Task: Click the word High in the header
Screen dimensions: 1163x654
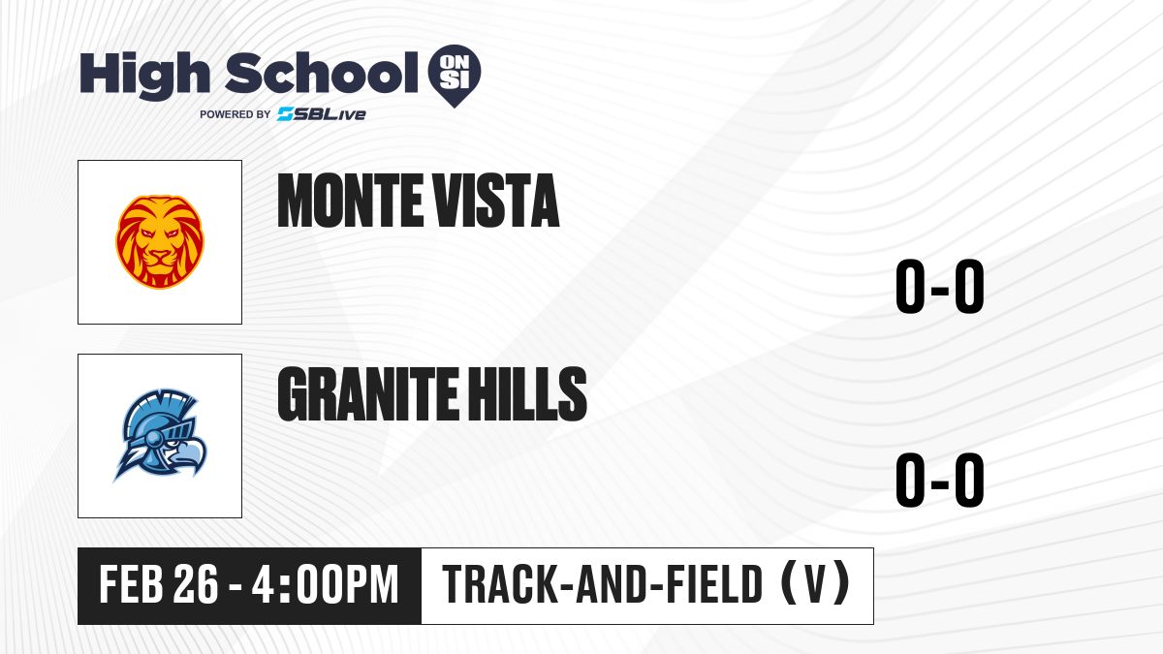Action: pos(144,75)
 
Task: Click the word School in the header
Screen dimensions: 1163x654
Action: pos(322,73)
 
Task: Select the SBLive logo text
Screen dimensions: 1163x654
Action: pos(322,114)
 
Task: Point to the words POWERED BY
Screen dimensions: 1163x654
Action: pos(235,114)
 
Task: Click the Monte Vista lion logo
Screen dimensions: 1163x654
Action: pos(160,242)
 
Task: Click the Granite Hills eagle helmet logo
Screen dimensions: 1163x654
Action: pos(160,435)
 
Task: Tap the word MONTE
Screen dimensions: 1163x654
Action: pos(350,201)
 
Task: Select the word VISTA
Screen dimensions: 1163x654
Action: pos(496,201)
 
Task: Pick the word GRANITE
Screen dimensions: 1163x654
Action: pos(368,394)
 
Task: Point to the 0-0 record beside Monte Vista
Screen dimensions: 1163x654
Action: pos(940,287)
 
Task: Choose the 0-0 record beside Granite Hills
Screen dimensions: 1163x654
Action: pos(940,481)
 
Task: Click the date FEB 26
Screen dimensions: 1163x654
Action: pos(158,585)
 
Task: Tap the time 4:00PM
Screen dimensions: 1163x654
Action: pos(325,585)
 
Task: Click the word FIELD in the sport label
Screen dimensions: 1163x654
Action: pos(714,585)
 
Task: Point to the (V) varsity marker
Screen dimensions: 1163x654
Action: pos(815,584)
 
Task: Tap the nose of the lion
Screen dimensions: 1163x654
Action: pos(159,255)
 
